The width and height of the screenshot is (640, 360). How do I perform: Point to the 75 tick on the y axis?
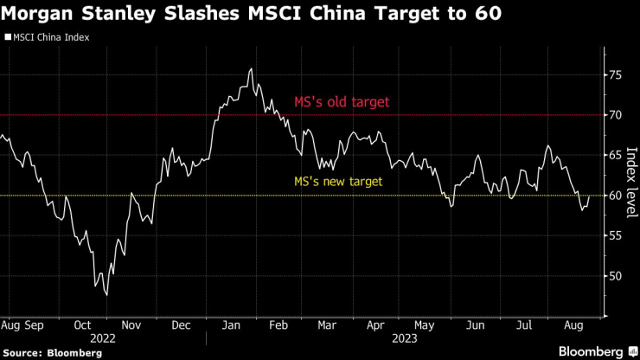coord(615,75)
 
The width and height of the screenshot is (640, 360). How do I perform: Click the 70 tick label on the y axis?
coord(615,115)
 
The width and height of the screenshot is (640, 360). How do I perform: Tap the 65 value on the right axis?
coord(615,156)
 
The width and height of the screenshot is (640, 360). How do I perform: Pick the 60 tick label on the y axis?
coord(615,196)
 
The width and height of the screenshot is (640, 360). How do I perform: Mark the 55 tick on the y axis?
coord(615,236)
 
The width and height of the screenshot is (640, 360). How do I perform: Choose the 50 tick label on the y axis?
coord(615,277)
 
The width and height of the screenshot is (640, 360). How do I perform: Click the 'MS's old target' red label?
coord(341,102)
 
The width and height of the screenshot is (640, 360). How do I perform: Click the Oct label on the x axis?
coord(83,325)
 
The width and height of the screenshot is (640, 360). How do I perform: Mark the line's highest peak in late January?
coord(251,69)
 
